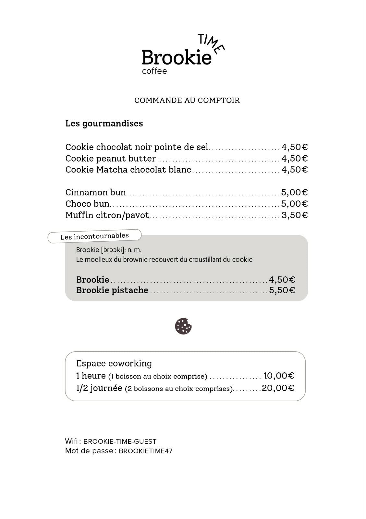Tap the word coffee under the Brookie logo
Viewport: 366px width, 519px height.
pyautogui.click(x=154, y=71)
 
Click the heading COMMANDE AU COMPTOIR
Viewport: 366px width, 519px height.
pyautogui.click(x=187, y=100)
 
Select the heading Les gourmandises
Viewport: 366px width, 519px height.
pyautogui.click(x=104, y=124)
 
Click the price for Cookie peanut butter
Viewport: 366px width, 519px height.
pyautogui.click(x=294, y=159)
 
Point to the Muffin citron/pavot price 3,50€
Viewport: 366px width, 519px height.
pyautogui.click(x=294, y=215)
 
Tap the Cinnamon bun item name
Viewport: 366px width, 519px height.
pyautogui.click(x=96, y=192)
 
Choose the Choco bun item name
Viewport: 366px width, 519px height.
pyautogui.click(x=87, y=204)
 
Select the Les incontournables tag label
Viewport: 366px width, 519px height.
pyautogui.click(x=94, y=236)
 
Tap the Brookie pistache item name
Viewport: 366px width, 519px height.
pyautogui.click(x=112, y=290)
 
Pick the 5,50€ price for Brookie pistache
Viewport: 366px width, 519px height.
pyautogui.click(x=282, y=290)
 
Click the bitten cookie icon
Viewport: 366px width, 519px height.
pyautogui.click(x=183, y=326)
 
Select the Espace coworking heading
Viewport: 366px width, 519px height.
pyautogui.click(x=114, y=363)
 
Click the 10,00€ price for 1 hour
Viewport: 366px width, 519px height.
pyautogui.click(x=279, y=376)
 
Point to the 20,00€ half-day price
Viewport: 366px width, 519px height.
pyautogui.click(x=278, y=388)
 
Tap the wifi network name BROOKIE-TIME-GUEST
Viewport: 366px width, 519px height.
pyautogui.click(x=120, y=441)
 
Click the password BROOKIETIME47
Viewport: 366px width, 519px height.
pyautogui.click(x=146, y=451)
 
